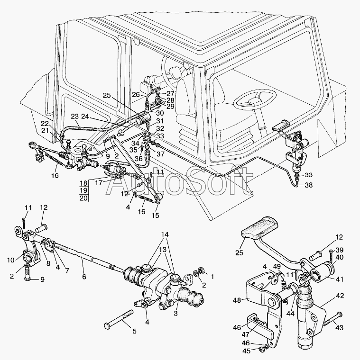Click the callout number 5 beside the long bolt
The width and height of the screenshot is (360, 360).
tap(135, 331)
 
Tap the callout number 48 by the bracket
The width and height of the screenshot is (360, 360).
tap(237, 300)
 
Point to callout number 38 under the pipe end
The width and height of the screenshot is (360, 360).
tap(308, 185)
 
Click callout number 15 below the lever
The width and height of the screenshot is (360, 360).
tap(156, 216)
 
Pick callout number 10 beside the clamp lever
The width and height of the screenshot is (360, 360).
tap(10, 260)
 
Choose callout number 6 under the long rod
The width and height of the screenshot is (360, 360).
tap(84, 277)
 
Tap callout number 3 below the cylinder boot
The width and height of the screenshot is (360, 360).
tap(175, 313)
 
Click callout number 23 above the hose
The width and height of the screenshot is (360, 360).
tap(75, 117)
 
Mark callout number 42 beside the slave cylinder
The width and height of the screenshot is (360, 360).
tap(340, 296)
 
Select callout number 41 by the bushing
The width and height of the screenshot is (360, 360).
tap(339, 279)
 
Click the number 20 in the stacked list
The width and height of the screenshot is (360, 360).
tap(83, 198)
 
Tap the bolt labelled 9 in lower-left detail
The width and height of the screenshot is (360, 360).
tap(27, 272)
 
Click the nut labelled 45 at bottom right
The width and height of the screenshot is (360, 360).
tap(261, 350)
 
